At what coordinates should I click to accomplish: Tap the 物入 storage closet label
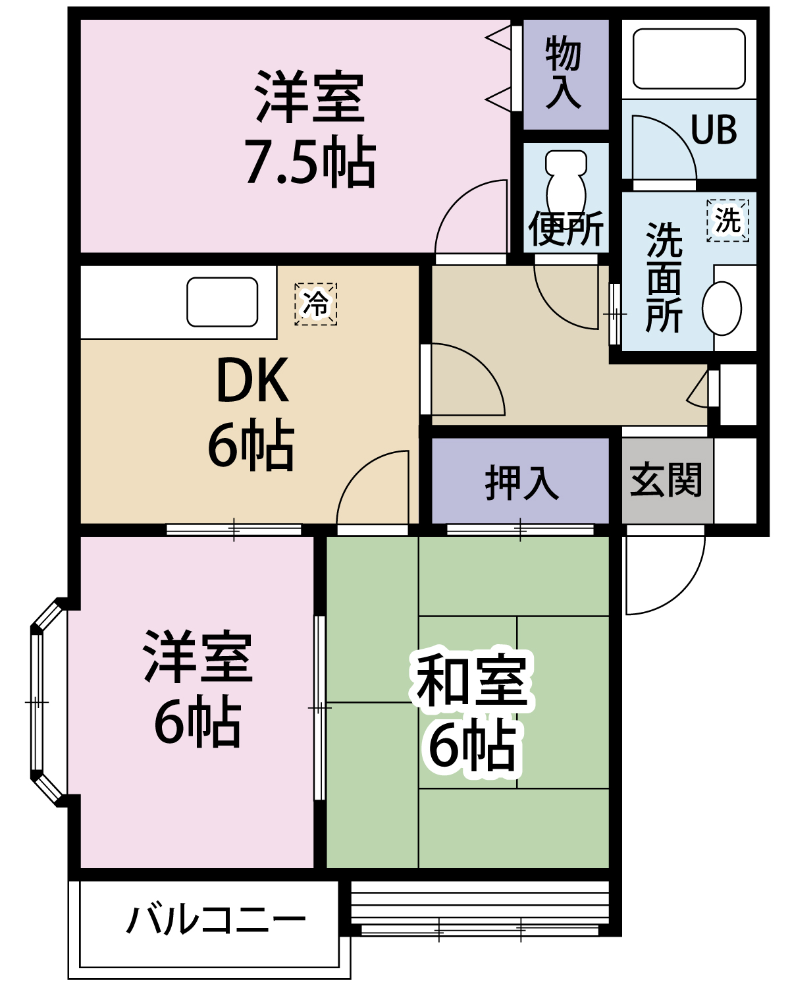click(x=564, y=72)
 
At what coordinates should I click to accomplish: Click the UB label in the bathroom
click(x=714, y=130)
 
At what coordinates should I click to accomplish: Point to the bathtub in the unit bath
click(x=689, y=59)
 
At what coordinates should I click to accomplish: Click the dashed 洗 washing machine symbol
click(x=727, y=220)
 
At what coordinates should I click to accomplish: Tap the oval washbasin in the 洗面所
click(x=722, y=308)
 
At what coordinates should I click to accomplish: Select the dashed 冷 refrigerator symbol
click(x=315, y=304)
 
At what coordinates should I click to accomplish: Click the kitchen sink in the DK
click(x=222, y=302)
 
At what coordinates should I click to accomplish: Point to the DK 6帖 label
click(x=251, y=412)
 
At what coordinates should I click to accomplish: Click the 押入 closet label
click(x=521, y=482)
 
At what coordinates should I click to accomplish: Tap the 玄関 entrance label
click(x=666, y=480)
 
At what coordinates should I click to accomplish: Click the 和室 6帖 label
click(x=471, y=711)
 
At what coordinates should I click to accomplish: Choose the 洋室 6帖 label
click(x=197, y=688)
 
